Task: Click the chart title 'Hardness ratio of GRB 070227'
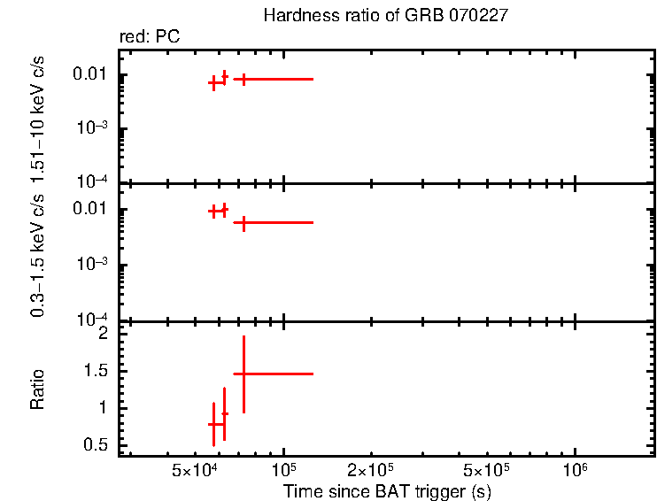pyautogui.click(x=385, y=16)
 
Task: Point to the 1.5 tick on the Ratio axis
pyautogui.click(x=97, y=371)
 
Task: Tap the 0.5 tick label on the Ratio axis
pyautogui.click(x=97, y=445)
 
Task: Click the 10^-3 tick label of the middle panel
pyautogui.click(x=93, y=265)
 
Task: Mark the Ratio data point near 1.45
pyautogui.click(x=243, y=374)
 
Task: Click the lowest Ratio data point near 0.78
pyautogui.click(x=213, y=424)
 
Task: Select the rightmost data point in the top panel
pyautogui.click(x=243, y=79)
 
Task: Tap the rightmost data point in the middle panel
pyautogui.click(x=243, y=222)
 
